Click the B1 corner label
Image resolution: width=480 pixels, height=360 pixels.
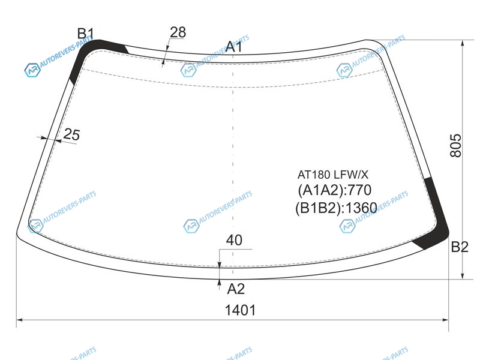coord(85,34)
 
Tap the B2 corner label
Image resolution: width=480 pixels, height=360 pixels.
coord(460,247)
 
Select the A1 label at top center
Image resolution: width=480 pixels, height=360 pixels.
coord(234,47)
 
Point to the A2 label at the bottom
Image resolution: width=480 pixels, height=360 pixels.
coord(236,289)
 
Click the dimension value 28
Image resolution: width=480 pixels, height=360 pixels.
coord(178,32)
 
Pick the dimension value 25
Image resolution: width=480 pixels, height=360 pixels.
coord(71,134)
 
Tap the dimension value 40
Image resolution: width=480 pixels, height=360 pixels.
coord(234,240)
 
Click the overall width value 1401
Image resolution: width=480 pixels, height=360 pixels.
coord(241,310)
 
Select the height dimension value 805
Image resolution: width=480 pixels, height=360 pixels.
coord(455,145)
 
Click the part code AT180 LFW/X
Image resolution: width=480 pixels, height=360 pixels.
coord(333,175)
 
